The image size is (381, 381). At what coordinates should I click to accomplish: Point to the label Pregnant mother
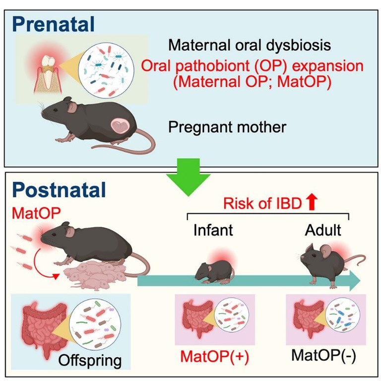[x=227, y=127]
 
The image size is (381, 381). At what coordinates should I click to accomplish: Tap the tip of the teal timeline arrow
[x=360, y=282]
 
